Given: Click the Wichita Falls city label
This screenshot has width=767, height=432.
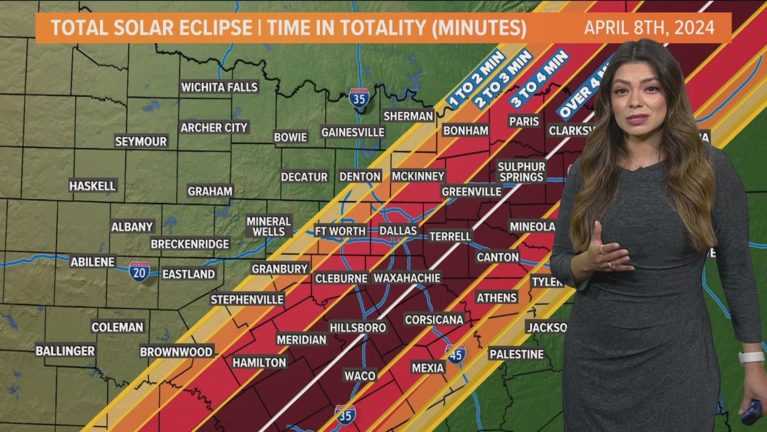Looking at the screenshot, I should tap(219, 87).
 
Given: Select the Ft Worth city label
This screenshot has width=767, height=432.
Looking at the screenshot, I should tap(340, 230).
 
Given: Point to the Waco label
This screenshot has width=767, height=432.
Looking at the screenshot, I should tap(360, 375).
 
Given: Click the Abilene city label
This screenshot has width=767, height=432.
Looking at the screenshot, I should tap(93, 261).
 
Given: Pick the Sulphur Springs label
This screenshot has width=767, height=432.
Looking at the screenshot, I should tap(521, 171).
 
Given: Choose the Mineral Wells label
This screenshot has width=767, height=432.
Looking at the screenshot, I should tap(268, 226).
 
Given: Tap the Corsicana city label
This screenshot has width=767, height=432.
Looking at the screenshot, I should tap(434, 319).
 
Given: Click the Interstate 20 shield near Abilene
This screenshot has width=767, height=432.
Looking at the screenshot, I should tap(139, 271).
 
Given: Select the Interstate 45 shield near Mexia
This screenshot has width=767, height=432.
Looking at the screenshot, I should tap(455, 354).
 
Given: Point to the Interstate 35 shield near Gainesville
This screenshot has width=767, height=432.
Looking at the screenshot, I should tap(359, 98).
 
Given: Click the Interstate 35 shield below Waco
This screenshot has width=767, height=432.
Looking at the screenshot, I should tap(345, 414).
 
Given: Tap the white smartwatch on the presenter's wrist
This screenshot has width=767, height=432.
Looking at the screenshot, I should tap(751, 357).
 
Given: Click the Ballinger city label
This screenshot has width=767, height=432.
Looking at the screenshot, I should tap(65, 351).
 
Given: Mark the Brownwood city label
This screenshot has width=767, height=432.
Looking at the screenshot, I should tap(176, 351).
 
